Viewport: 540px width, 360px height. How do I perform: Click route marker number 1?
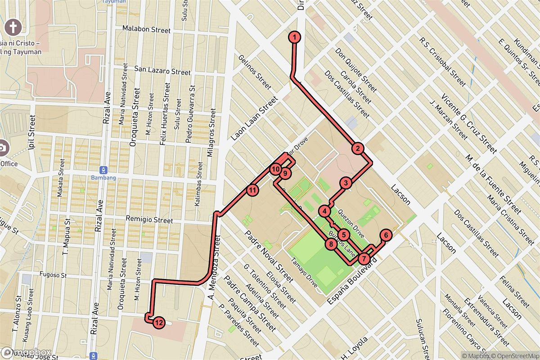[294, 37]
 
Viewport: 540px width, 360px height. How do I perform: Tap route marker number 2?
[357, 148]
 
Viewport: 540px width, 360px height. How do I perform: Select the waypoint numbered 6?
[386, 235]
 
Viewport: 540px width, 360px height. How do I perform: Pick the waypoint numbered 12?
[158, 322]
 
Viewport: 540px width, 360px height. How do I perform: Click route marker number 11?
[252, 190]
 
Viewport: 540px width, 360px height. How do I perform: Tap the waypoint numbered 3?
[346, 183]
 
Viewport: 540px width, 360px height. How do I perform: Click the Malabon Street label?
[147, 30]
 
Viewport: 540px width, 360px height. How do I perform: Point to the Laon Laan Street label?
[254, 119]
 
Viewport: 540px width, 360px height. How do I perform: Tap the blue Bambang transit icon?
[104, 169]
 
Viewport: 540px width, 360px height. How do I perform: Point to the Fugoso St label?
[53, 274]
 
